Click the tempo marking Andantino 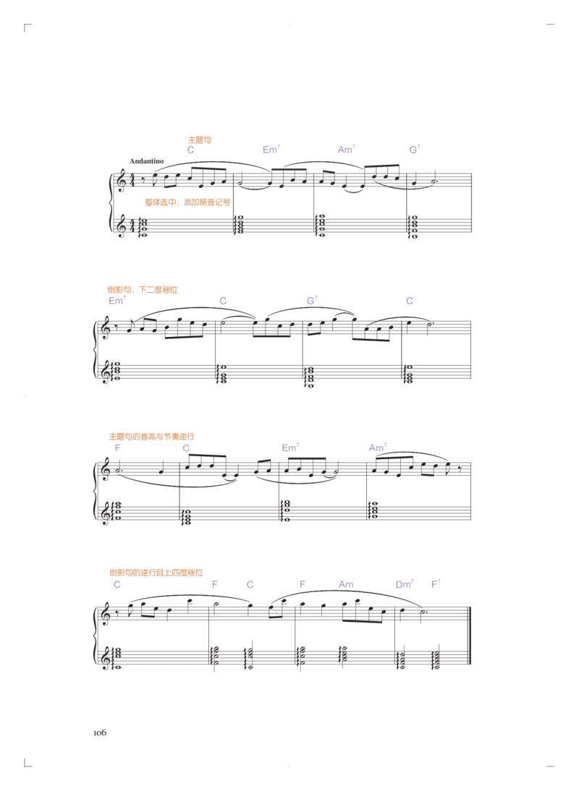coord(146,161)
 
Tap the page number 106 coord(100,732)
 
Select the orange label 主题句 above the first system coord(200,140)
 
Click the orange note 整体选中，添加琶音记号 coord(187,202)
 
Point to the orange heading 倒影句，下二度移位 coord(143,289)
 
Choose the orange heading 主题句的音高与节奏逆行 coord(151,437)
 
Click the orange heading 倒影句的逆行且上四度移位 coord(156,573)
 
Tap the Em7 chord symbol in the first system coord(271,150)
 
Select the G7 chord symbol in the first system coord(415,150)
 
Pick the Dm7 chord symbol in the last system coord(405,584)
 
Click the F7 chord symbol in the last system coord(436,584)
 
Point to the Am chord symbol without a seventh coord(346,584)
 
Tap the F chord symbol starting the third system coord(118,448)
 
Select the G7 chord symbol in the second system coord(312,301)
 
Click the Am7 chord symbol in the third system coord(378,448)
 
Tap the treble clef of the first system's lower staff coord(121,226)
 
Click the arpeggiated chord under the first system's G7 coord(413,226)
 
